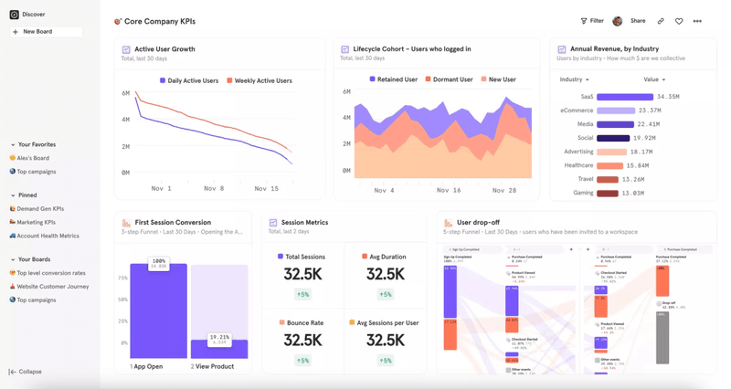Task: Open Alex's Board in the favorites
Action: click(33, 158)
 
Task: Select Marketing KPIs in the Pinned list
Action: click(36, 222)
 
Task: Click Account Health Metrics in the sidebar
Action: click(48, 236)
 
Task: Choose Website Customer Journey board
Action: click(52, 287)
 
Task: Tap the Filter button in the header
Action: click(592, 21)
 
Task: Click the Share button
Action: click(637, 21)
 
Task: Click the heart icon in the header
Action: click(679, 21)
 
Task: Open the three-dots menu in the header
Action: click(697, 21)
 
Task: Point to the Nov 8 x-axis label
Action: click(214, 189)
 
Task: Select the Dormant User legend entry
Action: click(449, 79)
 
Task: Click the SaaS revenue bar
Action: click(625, 97)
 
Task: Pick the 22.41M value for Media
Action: click(648, 124)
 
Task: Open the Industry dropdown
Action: click(574, 79)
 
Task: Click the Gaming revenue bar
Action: click(608, 193)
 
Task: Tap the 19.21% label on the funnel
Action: click(219, 338)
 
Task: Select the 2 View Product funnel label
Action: click(212, 366)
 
